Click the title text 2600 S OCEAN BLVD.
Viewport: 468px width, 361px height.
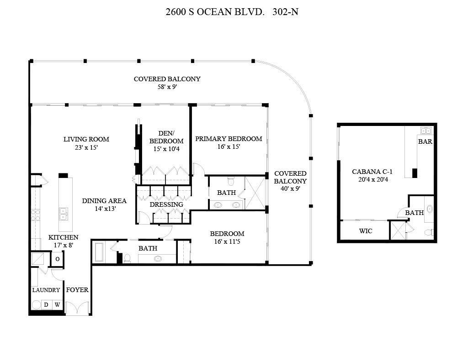coord(215,12)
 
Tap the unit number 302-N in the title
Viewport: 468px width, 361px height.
coord(285,12)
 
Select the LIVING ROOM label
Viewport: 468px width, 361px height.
coord(86,139)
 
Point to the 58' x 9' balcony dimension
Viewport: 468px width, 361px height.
coord(167,86)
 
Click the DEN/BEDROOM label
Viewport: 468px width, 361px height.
coord(166,137)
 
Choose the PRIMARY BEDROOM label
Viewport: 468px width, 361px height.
coord(229,139)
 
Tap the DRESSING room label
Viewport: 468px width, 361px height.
coord(166,204)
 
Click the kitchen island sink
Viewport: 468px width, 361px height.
coord(64,214)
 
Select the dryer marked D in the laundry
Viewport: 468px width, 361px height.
coord(46,304)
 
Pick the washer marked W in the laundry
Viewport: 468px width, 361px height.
coord(57,304)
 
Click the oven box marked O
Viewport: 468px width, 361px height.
coord(58,259)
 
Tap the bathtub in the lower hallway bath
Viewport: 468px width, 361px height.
coord(100,251)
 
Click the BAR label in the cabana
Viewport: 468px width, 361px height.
coord(425,141)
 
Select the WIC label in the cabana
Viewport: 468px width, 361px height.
coord(365,231)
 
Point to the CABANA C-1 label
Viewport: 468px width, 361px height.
coord(372,172)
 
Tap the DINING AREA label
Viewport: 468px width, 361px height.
coord(104,201)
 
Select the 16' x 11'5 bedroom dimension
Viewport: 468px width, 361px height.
coord(227,241)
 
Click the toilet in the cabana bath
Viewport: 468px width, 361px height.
coord(429,232)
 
